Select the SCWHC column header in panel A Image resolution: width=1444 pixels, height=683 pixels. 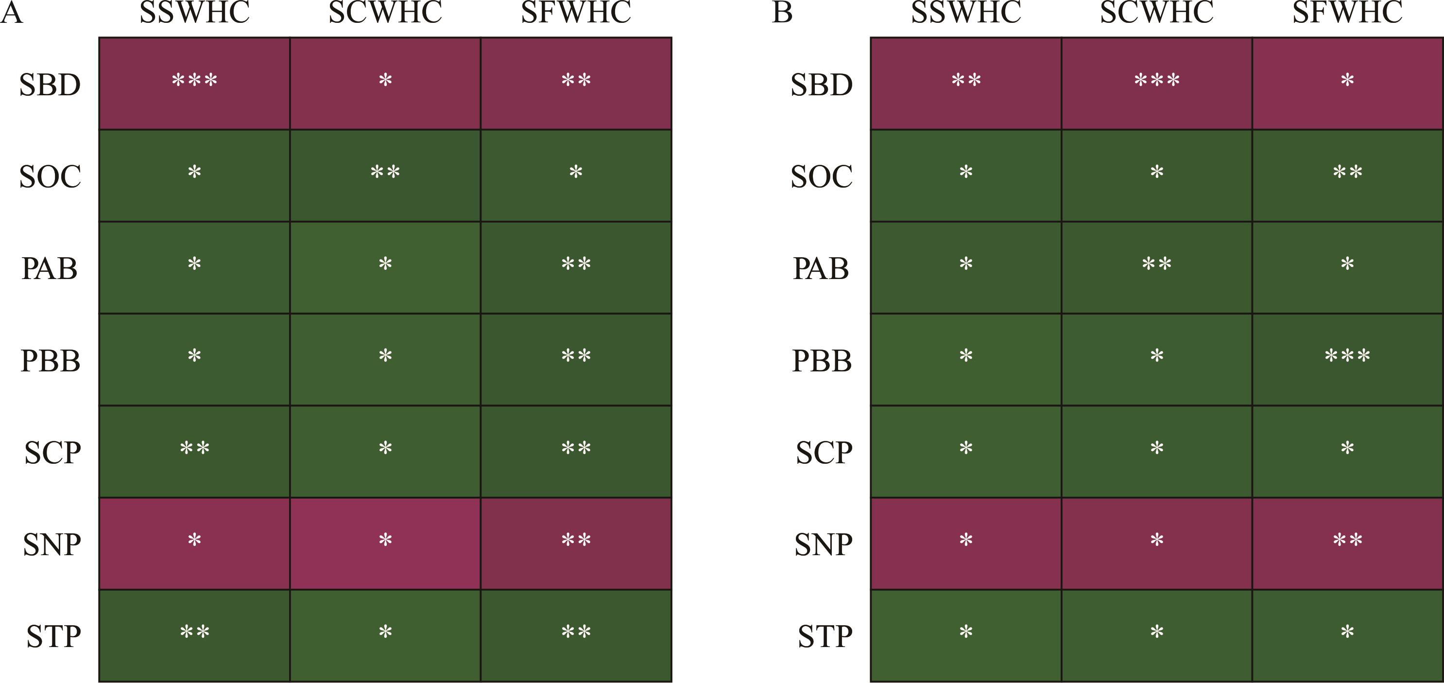click(385, 12)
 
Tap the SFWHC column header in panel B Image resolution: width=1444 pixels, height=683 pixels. click(1347, 12)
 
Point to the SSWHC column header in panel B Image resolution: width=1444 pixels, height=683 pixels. click(966, 12)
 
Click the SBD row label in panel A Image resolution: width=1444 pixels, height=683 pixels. click(50, 85)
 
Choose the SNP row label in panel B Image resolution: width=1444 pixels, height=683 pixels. click(823, 544)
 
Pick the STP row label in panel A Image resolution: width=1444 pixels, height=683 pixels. click(53, 636)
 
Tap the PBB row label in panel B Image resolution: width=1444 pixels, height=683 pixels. click(822, 360)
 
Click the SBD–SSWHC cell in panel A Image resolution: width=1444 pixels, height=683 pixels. click(194, 84)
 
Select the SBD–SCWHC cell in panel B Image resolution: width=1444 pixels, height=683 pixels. click(1156, 84)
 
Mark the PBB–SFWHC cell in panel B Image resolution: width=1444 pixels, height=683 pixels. click(1347, 359)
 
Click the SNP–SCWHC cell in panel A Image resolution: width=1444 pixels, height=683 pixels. click(385, 543)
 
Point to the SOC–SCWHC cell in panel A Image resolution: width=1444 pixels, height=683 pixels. click(385, 175)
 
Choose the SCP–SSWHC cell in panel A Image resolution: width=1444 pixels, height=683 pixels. click(194, 452)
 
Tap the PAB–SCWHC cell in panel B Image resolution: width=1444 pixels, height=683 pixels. click(1156, 267)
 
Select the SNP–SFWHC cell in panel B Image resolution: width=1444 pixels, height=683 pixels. click(1347, 543)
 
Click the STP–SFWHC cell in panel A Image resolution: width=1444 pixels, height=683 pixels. click(576, 635)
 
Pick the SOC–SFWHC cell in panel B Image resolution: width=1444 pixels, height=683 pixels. click(1347, 175)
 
